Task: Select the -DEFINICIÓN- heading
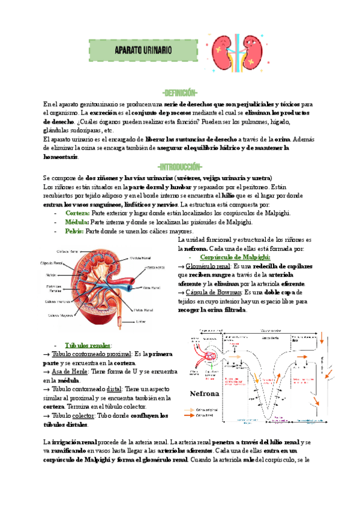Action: tap(180, 93)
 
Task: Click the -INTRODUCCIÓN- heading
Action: tap(180, 166)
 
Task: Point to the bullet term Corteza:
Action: tap(77, 213)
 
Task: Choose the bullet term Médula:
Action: tap(77, 222)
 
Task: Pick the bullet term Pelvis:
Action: tap(75, 231)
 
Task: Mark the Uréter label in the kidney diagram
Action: tap(141, 321)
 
